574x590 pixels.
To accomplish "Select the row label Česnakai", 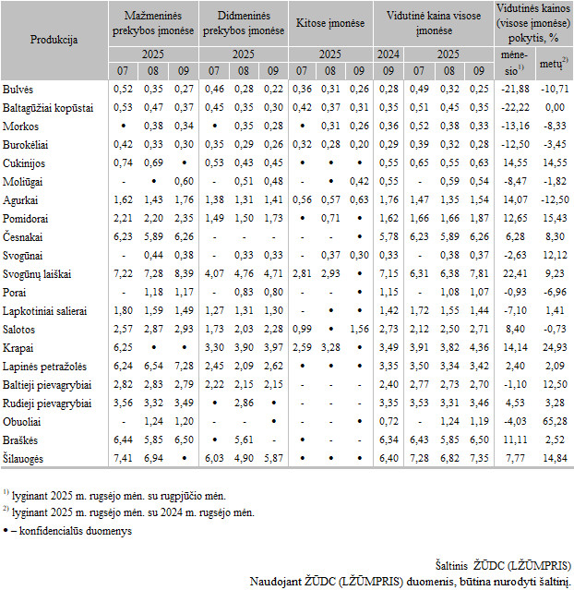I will pos(25,235).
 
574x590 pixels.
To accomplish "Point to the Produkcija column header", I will pos(54,40).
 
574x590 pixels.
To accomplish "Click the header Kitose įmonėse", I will pos(331,22).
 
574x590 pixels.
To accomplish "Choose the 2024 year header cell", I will pos(388,54).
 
